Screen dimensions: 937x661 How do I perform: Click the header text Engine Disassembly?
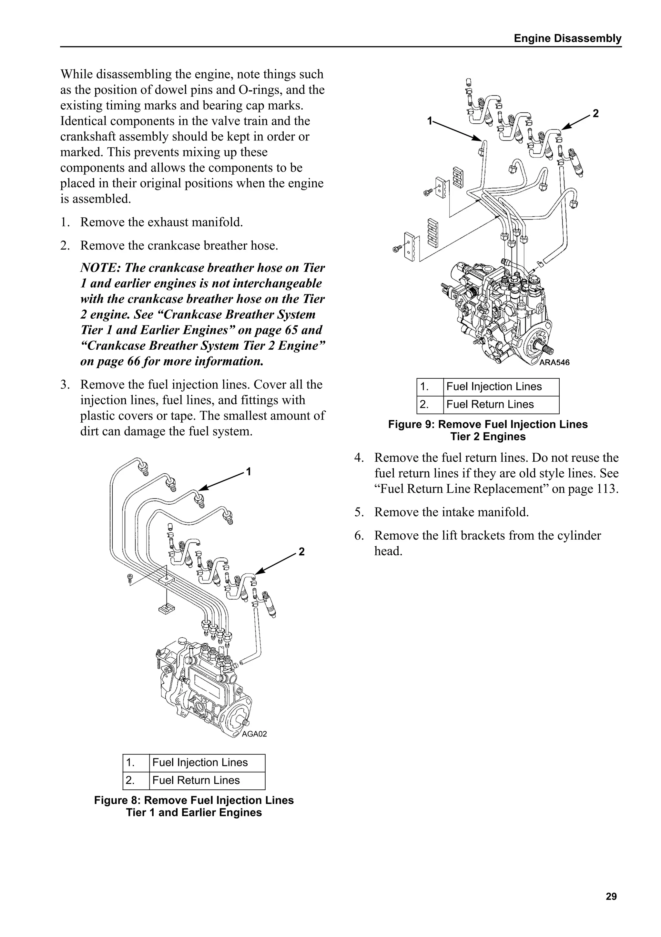[x=567, y=38]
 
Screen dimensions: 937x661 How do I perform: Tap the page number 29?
[x=611, y=896]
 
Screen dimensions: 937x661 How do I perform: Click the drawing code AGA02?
[x=254, y=734]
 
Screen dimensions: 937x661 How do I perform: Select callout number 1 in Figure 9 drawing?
[x=429, y=121]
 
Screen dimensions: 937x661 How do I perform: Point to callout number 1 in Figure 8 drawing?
[x=249, y=472]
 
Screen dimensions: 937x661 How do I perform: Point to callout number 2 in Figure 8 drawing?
[x=301, y=552]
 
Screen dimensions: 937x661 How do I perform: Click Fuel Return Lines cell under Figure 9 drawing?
[x=490, y=405]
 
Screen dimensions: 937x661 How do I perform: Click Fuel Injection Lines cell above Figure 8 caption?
[x=200, y=762]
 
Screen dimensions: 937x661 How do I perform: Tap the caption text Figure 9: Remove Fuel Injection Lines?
[x=488, y=424]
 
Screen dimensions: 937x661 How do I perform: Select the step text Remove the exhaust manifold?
[x=161, y=222]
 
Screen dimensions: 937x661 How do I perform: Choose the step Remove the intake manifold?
[x=451, y=512]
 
